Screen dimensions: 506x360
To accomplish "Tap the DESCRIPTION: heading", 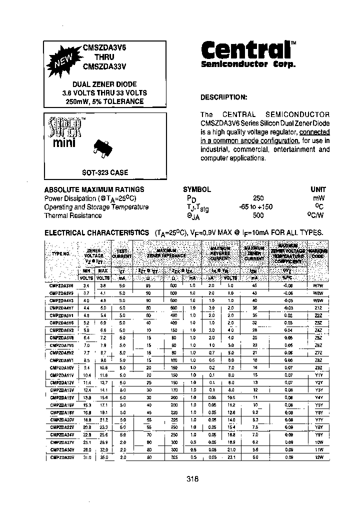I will click(223, 97).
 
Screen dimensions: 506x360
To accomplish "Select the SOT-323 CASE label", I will click(105, 172).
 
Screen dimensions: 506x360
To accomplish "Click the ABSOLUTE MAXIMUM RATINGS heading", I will click(94, 189).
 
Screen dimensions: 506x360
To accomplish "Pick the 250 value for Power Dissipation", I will click(258, 198).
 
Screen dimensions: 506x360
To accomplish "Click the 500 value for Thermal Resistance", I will click(258, 215).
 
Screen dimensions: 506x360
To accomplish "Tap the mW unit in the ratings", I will click(318, 198).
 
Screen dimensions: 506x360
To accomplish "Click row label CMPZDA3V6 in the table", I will click(62, 284).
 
